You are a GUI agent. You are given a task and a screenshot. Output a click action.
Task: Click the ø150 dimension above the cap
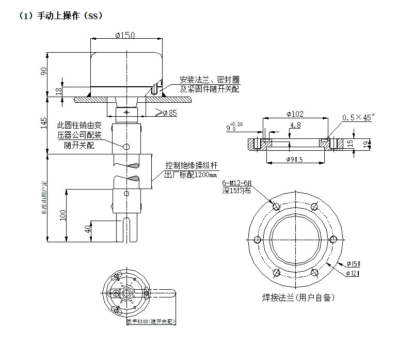[125, 35]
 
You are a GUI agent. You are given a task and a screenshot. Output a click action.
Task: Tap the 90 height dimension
[44, 71]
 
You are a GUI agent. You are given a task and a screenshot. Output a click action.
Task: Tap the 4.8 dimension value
[296, 125]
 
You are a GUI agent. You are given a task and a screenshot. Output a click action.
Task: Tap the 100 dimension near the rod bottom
[63, 214]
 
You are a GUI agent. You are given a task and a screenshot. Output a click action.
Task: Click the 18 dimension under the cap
[58, 91]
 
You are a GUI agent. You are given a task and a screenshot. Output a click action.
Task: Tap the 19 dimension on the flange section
[366, 144]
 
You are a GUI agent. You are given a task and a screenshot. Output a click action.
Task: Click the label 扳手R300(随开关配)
[151, 321]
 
